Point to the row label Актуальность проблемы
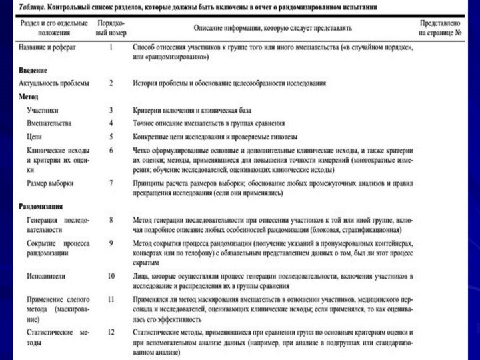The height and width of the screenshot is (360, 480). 53,83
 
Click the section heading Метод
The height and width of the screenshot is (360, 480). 28,97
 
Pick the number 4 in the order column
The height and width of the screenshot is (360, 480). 111,123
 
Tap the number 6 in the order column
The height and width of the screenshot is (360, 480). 111,150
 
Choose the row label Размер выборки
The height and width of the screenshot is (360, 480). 50,182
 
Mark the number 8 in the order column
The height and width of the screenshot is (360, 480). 111,219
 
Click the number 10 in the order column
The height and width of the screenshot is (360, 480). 111,275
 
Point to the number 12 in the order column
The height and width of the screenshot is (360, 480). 111,331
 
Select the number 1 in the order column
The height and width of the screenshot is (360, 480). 111,49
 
